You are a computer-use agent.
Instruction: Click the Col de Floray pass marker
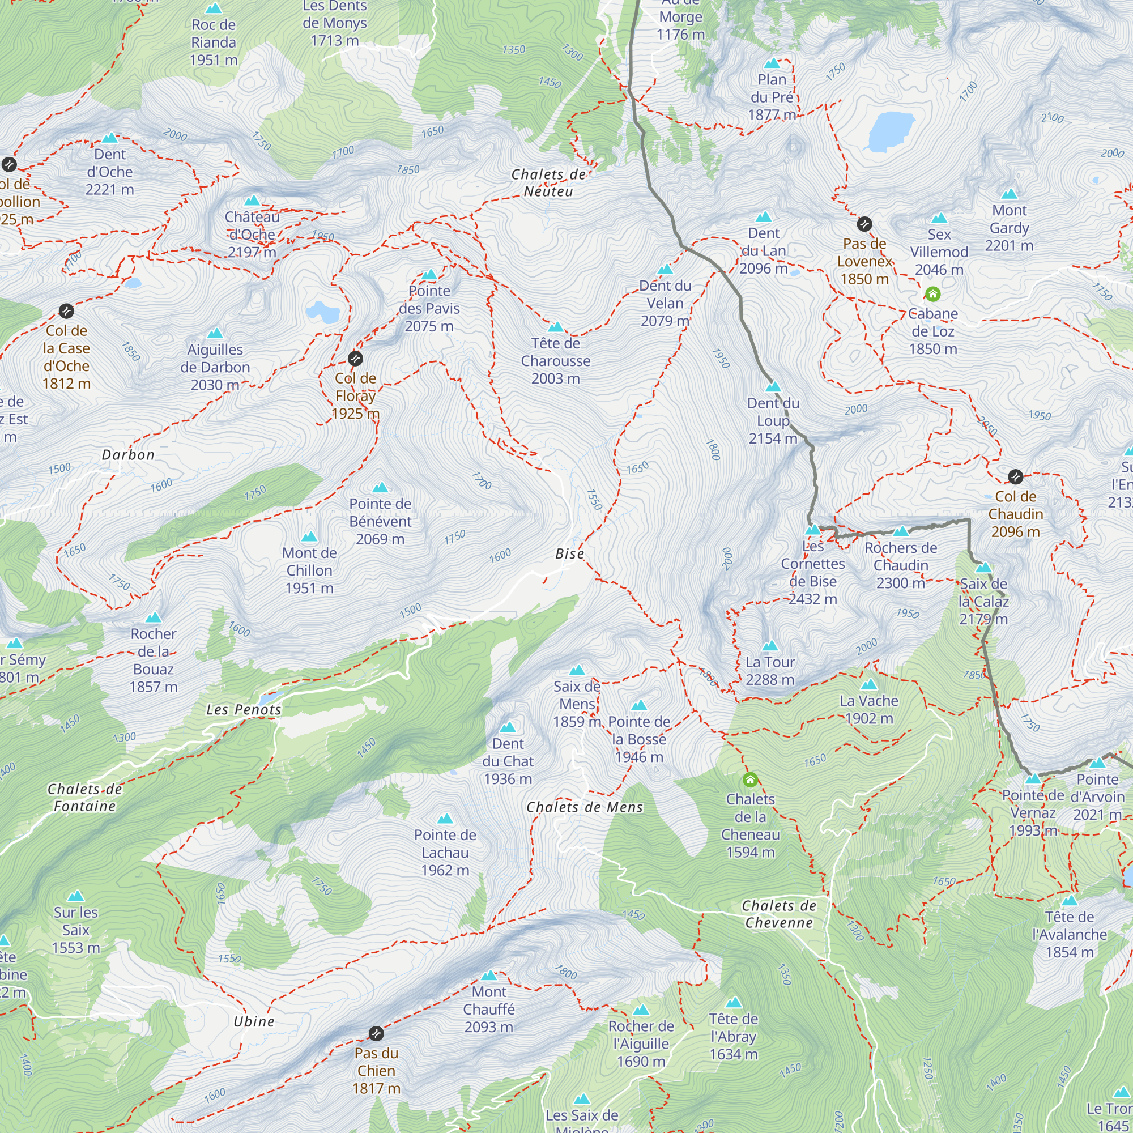[x=355, y=359]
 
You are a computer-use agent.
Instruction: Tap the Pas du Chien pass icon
[x=376, y=1033]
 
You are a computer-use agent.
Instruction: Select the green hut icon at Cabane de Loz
[x=932, y=294]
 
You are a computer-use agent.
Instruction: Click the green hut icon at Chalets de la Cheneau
[x=750, y=780]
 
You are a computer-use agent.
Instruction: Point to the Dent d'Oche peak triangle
[x=110, y=138]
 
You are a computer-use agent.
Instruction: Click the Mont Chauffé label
[x=488, y=1010]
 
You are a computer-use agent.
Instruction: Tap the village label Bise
[x=569, y=553]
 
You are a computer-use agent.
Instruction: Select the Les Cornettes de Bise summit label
[x=813, y=572]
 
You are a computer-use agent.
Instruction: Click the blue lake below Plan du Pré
[x=891, y=131]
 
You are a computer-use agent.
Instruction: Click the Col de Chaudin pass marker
[x=1016, y=476]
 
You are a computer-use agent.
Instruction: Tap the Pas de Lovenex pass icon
[x=864, y=224]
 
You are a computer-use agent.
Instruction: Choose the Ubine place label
[x=254, y=1021]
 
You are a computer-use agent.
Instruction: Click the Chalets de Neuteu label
[x=548, y=183]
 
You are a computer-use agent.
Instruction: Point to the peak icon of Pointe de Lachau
[x=445, y=819]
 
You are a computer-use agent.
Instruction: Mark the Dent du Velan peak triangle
[x=665, y=270]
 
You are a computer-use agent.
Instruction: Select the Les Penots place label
[x=244, y=710]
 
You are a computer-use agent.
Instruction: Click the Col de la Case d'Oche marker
[x=66, y=310]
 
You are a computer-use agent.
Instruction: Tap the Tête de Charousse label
[x=555, y=361]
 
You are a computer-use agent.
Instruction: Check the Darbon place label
[x=128, y=455]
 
